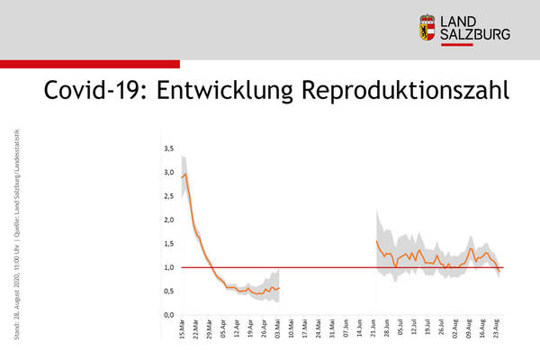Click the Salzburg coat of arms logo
427,27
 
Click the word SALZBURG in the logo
474,34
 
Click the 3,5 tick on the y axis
168,148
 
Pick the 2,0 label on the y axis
168,220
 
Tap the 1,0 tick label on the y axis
168,267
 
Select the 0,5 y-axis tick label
168,292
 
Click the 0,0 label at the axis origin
168,315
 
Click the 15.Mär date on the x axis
184,330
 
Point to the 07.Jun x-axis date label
348,330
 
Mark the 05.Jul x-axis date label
402,330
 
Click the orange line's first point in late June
375,240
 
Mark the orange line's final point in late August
500,270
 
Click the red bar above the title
90,64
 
